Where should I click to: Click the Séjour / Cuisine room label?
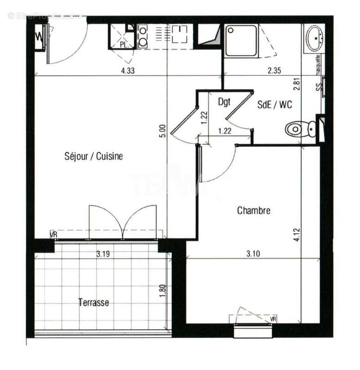93,156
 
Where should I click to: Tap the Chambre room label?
254,211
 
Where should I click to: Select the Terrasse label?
93,303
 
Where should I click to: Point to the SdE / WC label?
275,105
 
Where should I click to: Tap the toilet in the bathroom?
301,129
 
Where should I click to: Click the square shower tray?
242,41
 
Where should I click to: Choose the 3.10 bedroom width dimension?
254,253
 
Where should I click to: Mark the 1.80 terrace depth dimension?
162,290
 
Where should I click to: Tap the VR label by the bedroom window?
273,319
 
